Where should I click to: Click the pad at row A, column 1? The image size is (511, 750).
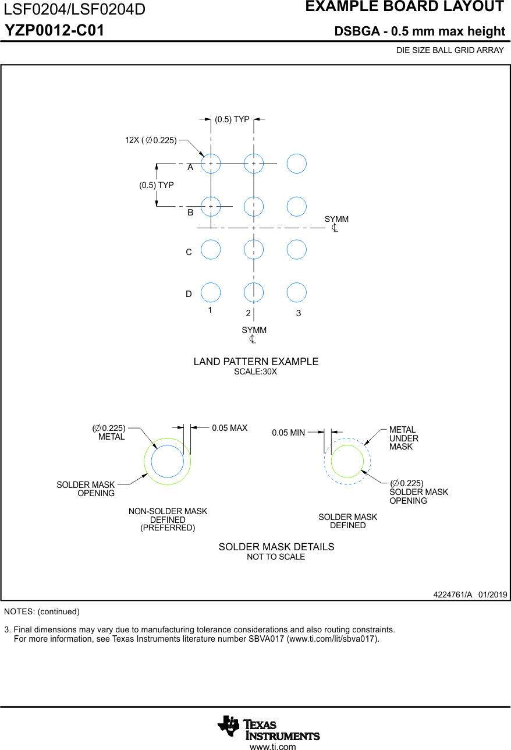[x=211, y=164]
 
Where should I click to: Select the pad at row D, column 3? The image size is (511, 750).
[x=297, y=292]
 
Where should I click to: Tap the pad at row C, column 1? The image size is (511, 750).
[x=211, y=249]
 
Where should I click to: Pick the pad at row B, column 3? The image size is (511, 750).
[x=297, y=206]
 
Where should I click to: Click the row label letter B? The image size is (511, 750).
[x=190, y=213]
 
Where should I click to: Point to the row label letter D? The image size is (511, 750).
[x=189, y=295]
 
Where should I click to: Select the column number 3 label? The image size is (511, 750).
[x=299, y=313]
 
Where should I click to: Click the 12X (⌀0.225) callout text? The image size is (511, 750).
[x=151, y=140]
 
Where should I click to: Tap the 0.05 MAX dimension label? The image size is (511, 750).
[x=229, y=428]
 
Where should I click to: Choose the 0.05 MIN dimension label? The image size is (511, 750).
[x=289, y=433]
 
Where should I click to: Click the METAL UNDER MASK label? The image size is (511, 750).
[x=403, y=438]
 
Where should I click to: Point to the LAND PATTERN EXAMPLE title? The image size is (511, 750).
[x=256, y=362]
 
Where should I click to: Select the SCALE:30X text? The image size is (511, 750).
[x=255, y=372]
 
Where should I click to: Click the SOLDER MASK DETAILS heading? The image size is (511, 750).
[x=276, y=547]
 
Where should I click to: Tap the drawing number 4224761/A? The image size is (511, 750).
[x=453, y=595]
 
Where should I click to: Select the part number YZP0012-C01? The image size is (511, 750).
[x=55, y=31]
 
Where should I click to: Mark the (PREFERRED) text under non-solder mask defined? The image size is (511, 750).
[x=168, y=528]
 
